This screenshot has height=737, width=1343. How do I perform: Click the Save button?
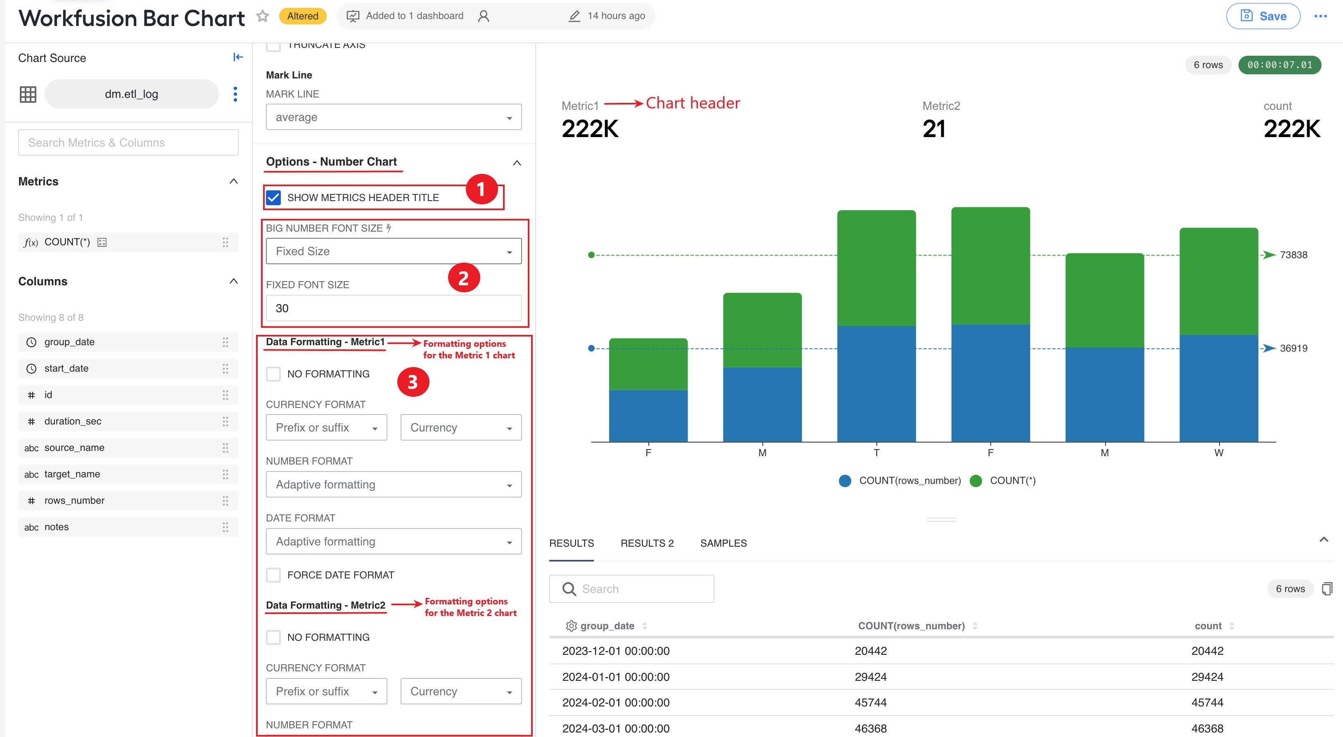1263,16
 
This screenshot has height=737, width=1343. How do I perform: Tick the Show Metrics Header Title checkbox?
273,197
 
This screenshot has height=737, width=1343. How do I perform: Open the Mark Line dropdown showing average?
394,117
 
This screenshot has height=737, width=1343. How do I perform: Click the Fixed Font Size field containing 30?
394,308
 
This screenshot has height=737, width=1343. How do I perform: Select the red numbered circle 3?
413,382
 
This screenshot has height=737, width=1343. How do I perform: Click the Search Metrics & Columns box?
128,142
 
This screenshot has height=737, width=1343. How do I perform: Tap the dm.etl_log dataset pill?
131,94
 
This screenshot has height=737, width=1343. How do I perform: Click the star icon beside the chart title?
263,16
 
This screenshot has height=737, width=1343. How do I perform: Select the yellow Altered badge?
302,16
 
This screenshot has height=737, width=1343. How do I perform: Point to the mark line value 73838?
1293,255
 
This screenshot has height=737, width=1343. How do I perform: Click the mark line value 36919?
1293,348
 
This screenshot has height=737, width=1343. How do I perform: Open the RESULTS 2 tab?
647,543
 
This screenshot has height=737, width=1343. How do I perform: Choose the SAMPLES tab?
723,543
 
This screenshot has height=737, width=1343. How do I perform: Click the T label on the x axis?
876,453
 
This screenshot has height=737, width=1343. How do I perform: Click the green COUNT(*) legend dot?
976,481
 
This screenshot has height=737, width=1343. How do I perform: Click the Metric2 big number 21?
934,129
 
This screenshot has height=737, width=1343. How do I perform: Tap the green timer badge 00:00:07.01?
1279,65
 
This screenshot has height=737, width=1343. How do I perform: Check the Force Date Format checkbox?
273,575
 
